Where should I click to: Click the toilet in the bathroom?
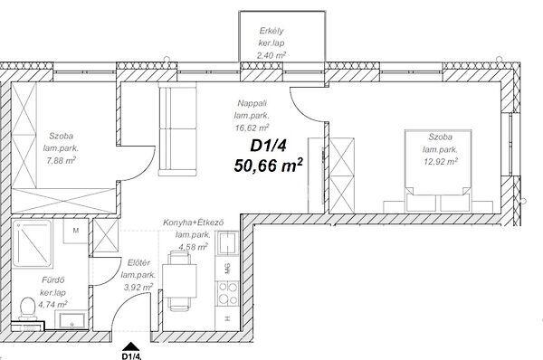tap(27, 308)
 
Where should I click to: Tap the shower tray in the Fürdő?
tap(33, 244)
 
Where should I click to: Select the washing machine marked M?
tap(75, 231)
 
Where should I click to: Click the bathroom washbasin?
tap(72, 320)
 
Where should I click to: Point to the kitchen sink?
tap(226, 243)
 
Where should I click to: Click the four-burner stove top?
tap(228, 293)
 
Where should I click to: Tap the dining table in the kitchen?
tap(179, 280)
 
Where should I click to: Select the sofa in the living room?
tap(178, 129)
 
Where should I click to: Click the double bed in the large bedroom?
tap(438, 171)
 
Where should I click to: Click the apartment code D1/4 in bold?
tap(268, 146)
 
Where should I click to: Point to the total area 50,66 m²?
tap(269, 165)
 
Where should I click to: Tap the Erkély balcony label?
tap(271, 31)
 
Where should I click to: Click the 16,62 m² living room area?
tap(252, 128)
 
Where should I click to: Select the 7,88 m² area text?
tap(61, 161)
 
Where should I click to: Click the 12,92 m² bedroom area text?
tap(441, 161)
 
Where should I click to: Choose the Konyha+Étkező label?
tap(194, 223)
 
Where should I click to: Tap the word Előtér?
tap(138, 262)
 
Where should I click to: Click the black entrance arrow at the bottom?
tap(131, 346)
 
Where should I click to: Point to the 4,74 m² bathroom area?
tap(52, 305)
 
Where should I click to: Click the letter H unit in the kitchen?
tap(227, 318)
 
